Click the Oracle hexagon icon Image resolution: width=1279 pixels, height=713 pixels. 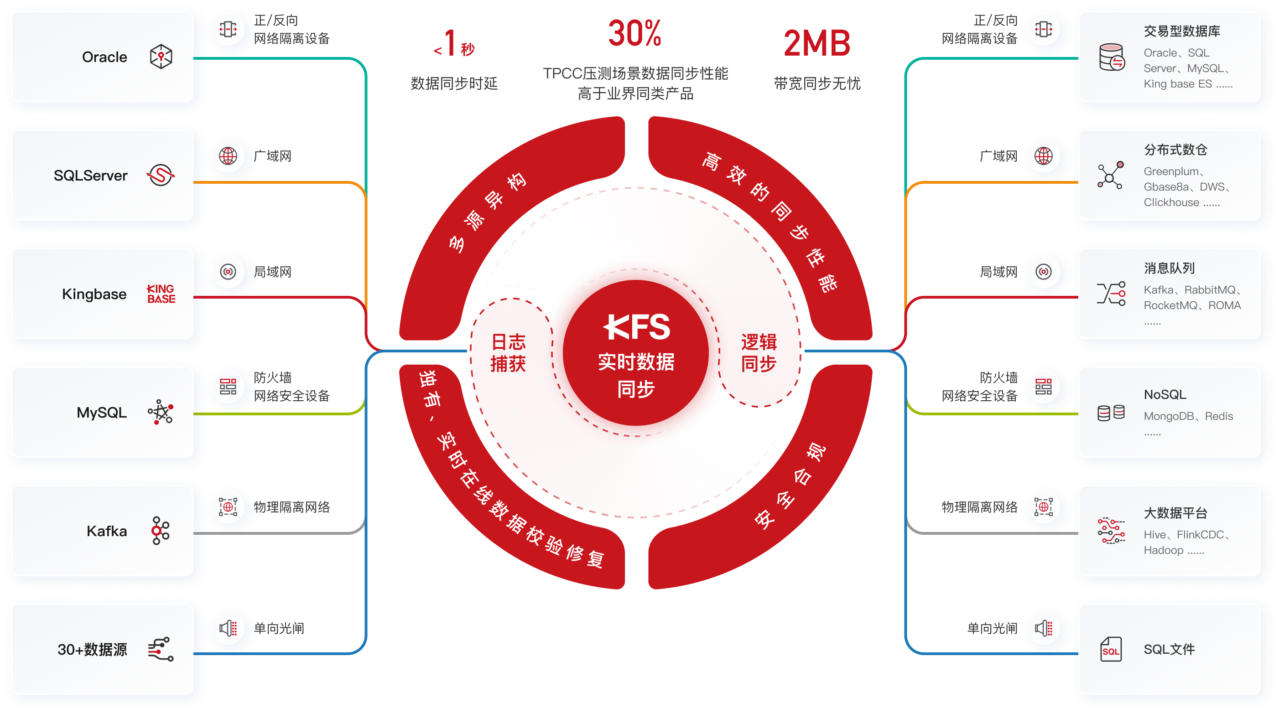pyautogui.click(x=161, y=57)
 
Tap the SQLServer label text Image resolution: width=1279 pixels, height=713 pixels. pyautogui.click(x=90, y=175)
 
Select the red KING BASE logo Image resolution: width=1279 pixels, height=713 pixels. pyautogui.click(x=161, y=294)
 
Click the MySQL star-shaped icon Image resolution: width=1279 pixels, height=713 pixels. pyautogui.click(x=161, y=412)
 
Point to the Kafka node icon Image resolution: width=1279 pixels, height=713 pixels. pyautogui.click(x=161, y=530)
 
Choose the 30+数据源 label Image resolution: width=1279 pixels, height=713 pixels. pyautogui.click(x=92, y=649)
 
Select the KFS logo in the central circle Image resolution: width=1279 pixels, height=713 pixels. pyautogui.click(x=636, y=327)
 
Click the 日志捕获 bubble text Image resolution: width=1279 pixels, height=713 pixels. pyautogui.click(x=508, y=353)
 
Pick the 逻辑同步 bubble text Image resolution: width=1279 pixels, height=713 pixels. pyautogui.click(x=759, y=353)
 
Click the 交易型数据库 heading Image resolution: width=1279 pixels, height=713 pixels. pyautogui.click(x=1182, y=31)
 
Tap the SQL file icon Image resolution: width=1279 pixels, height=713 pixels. pyautogui.click(x=1111, y=649)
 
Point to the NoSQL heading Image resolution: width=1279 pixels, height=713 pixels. pyautogui.click(x=1165, y=394)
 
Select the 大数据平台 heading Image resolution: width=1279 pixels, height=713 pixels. pyautogui.click(x=1175, y=513)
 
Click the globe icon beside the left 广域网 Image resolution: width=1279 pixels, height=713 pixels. pyautogui.click(x=228, y=156)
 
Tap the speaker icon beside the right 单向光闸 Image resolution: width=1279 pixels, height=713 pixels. pyautogui.click(x=1044, y=628)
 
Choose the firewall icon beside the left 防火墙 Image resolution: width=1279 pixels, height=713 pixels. pyautogui.click(x=228, y=386)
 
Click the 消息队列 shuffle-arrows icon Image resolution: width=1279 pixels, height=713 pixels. pyautogui.click(x=1111, y=294)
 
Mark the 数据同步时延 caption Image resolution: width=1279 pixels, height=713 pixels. pyautogui.click(x=454, y=83)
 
